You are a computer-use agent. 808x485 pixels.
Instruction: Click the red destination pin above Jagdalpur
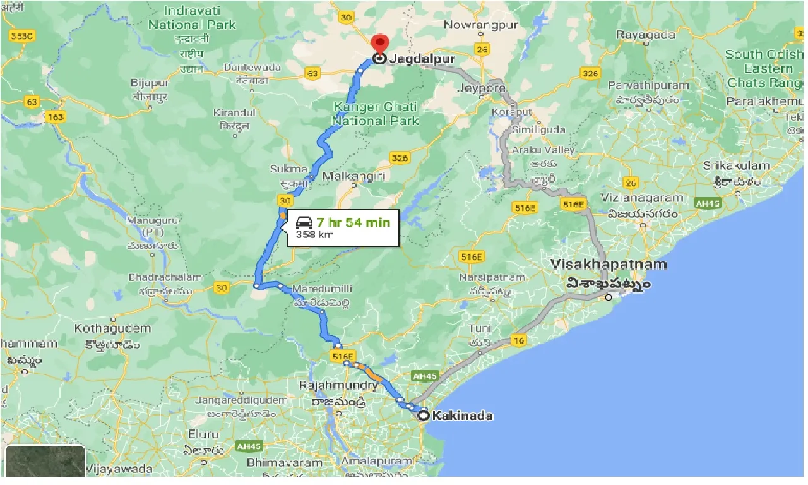coord(379,43)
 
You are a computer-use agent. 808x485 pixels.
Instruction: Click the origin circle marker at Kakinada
coord(424,416)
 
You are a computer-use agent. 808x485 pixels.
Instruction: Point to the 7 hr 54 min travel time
coord(353,222)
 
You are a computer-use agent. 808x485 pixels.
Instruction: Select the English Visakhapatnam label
coord(608,264)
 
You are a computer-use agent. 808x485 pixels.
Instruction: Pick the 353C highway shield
coord(21,36)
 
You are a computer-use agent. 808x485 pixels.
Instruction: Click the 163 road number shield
coord(55,117)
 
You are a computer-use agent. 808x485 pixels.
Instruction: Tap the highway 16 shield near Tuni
coord(519,341)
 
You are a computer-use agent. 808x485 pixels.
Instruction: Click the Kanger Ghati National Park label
coord(376,114)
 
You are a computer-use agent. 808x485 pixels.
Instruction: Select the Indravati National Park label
coord(192,18)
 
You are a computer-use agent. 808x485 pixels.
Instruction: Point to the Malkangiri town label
coord(353,177)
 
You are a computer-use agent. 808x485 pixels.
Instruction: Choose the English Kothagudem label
coord(113,328)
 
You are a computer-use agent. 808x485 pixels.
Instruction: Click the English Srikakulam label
coord(737,166)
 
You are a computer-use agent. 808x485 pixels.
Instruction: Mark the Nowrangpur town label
coord(480,25)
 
